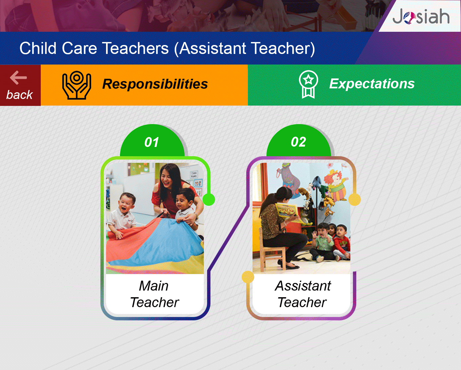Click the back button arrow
[x=18, y=77]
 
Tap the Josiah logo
[x=421, y=16]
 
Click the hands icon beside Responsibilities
[x=77, y=85]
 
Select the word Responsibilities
[x=155, y=84]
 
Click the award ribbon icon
[x=308, y=84]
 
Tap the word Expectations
[x=372, y=83]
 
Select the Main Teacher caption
[x=154, y=294]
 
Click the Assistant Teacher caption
[x=303, y=294]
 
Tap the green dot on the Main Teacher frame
[x=209, y=200]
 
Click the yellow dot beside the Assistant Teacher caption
[x=248, y=277]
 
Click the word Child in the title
[x=38, y=48]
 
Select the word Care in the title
[x=79, y=48]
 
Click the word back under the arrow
[x=20, y=95]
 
